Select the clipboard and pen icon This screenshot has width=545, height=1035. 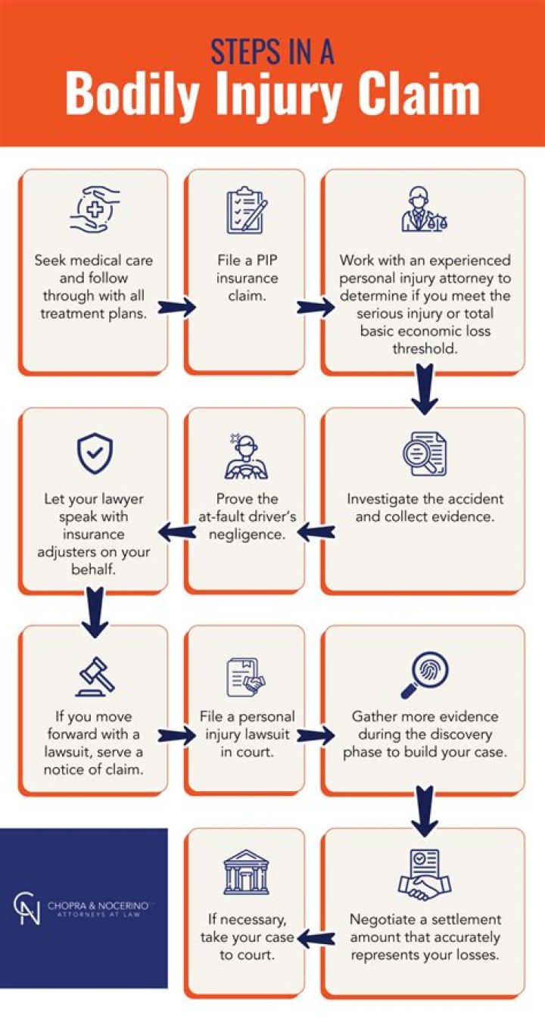tap(246, 210)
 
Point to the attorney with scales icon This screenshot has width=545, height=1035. tap(423, 210)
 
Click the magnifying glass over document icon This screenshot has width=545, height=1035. tap(424, 453)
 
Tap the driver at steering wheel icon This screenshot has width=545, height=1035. tap(246, 457)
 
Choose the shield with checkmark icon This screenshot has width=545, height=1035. tap(94, 453)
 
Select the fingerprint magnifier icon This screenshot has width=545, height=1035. tap(423, 672)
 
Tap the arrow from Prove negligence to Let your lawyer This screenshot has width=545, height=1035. tap(176, 532)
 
